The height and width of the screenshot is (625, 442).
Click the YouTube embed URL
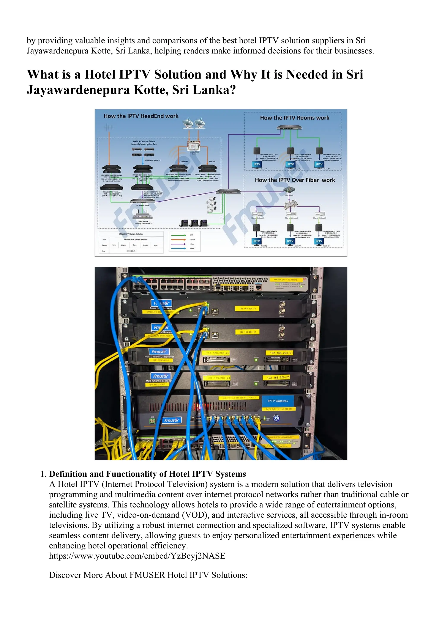coord(137,556)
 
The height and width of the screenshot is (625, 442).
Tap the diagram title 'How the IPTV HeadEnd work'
coord(141,116)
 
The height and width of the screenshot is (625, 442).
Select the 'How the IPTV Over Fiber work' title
coord(295,180)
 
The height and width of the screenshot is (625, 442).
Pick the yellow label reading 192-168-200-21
coord(280,353)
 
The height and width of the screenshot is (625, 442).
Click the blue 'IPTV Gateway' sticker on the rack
coord(278,401)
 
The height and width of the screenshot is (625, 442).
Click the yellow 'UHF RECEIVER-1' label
coord(161,360)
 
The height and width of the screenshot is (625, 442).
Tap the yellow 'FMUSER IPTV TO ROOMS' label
coord(285,280)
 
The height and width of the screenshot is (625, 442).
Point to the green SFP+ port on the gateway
coord(153,421)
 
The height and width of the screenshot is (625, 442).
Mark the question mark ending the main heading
coord(232,90)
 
